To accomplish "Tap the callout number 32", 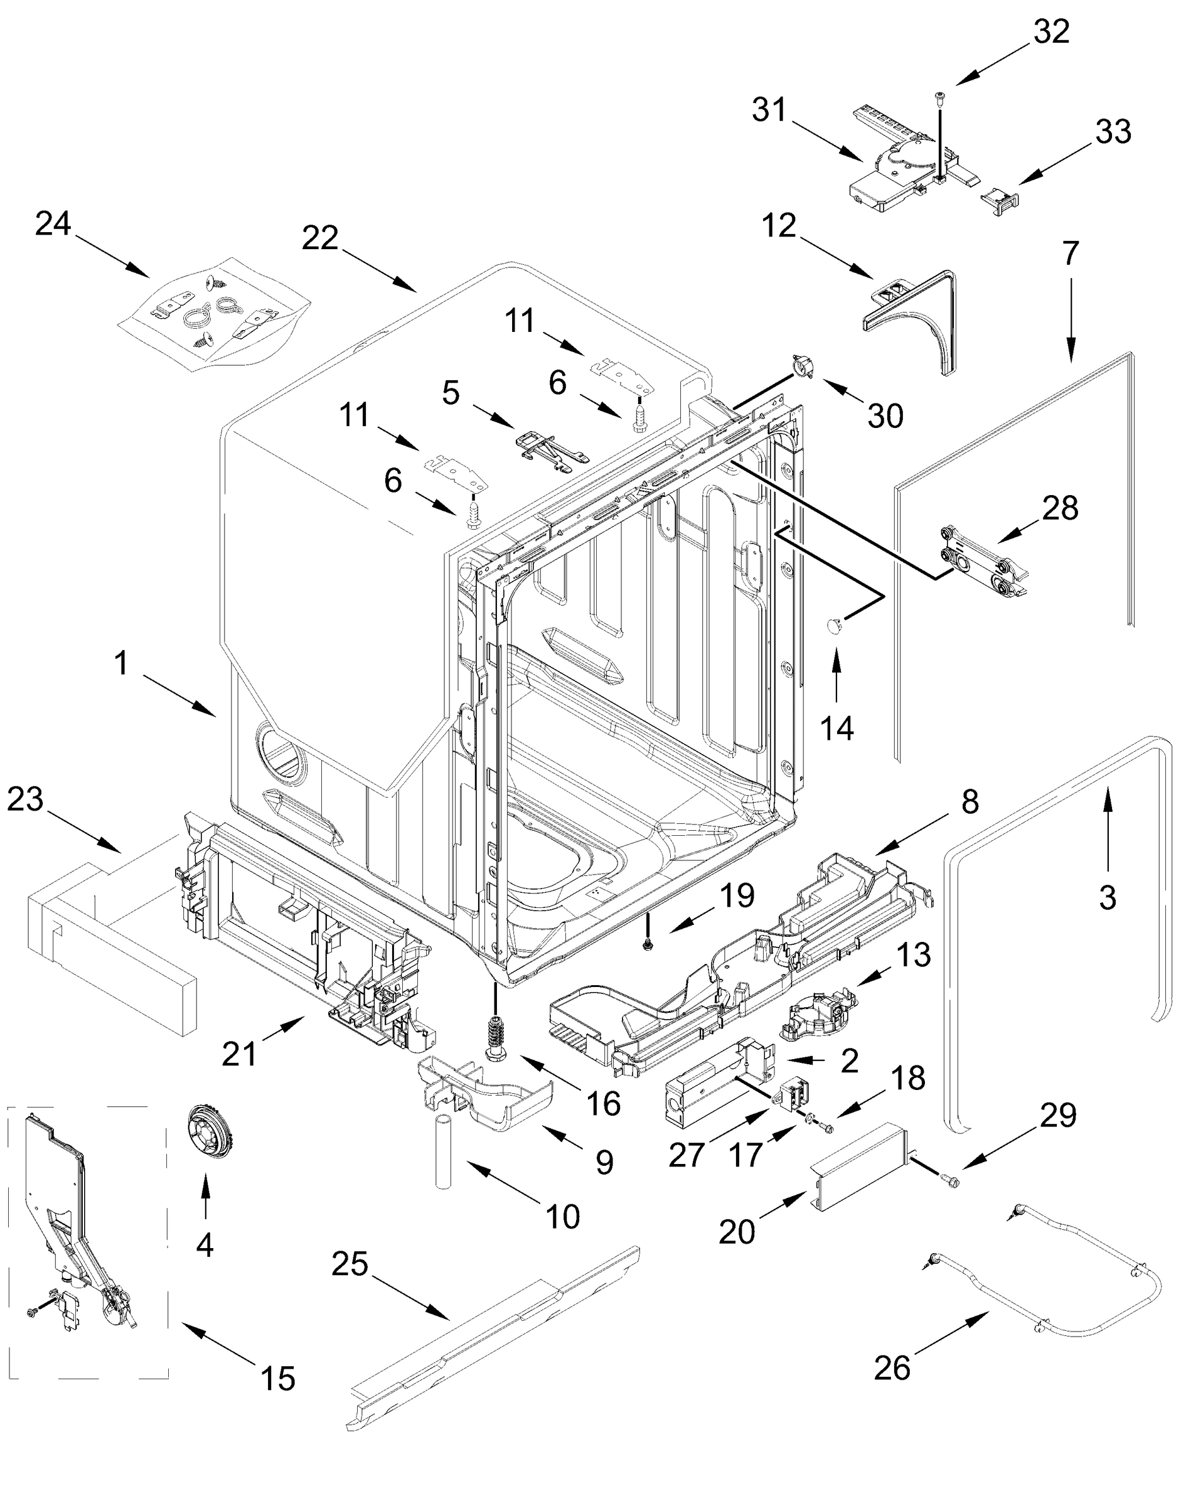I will click(1051, 32).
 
